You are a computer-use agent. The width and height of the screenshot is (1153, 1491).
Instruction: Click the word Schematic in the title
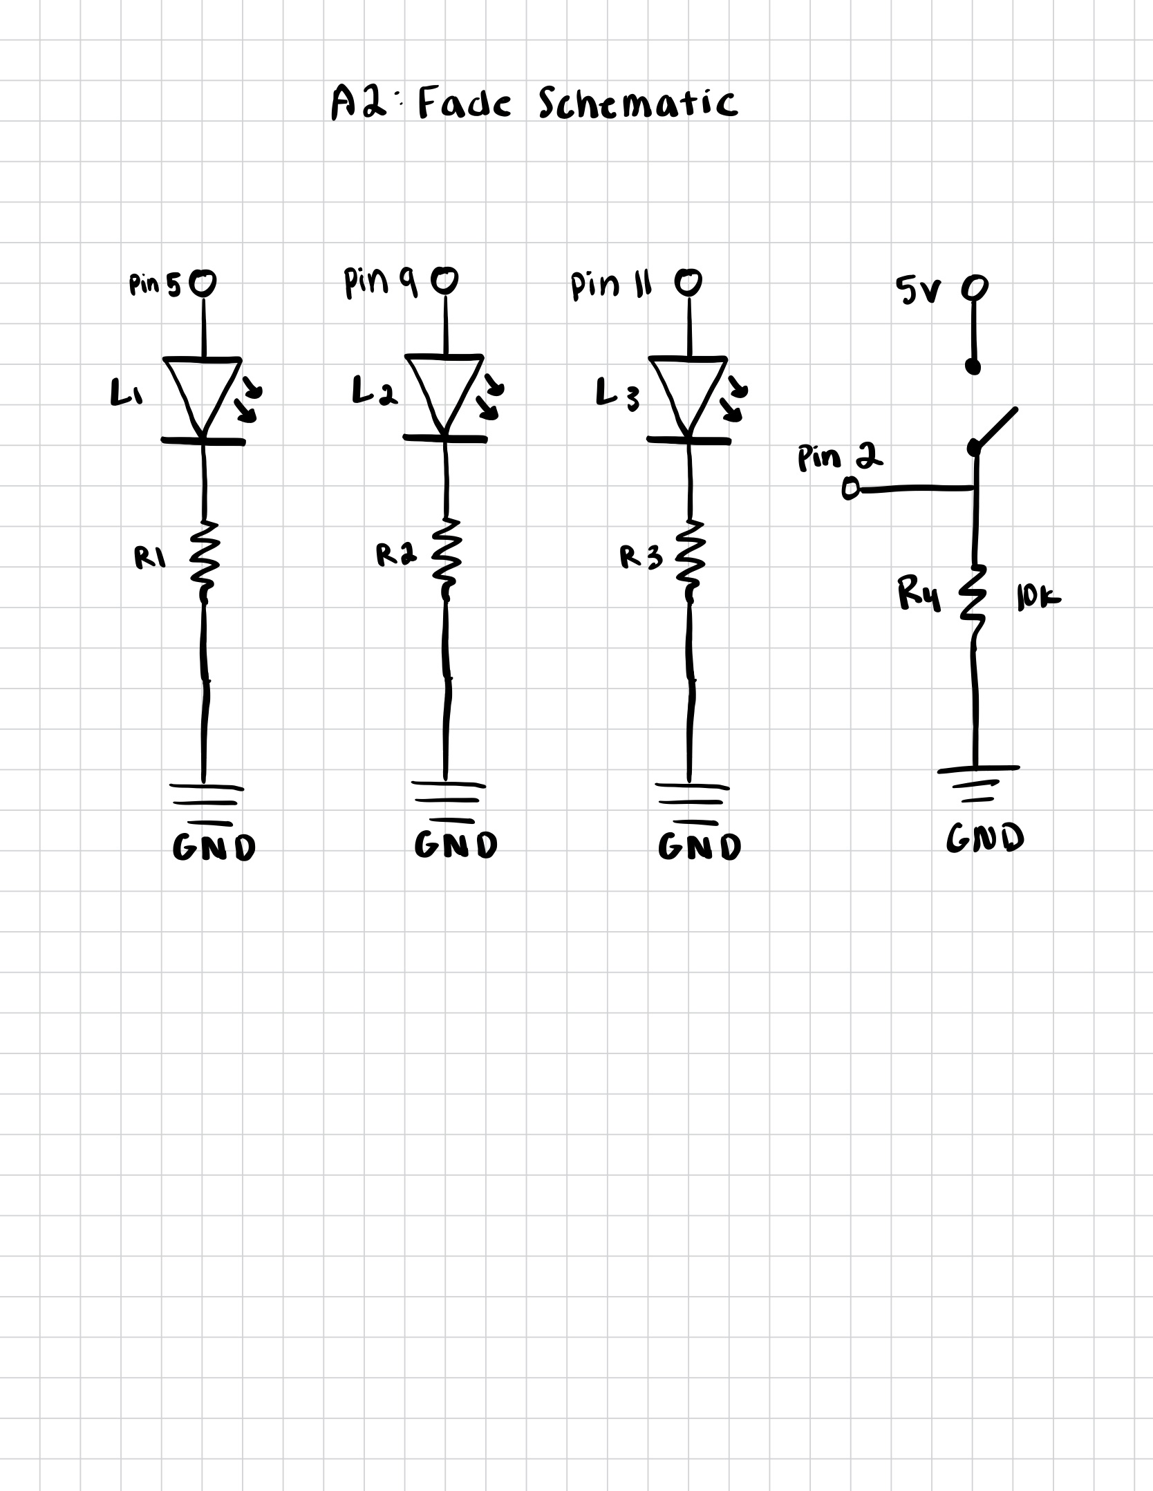click(x=637, y=104)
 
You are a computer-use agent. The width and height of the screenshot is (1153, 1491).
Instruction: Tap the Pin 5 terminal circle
click(x=203, y=282)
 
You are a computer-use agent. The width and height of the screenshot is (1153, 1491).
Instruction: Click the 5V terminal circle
click(x=975, y=287)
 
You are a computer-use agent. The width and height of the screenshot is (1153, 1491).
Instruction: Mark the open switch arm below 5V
click(x=995, y=429)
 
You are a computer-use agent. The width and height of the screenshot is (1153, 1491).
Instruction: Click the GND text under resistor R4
click(x=985, y=838)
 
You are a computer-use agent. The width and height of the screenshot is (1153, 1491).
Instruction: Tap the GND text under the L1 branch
click(x=214, y=847)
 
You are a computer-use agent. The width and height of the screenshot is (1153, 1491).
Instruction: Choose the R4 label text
click(x=919, y=595)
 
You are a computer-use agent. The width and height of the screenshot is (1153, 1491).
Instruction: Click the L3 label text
click(x=617, y=395)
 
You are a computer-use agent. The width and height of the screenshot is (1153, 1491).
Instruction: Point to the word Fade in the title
click(x=465, y=104)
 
